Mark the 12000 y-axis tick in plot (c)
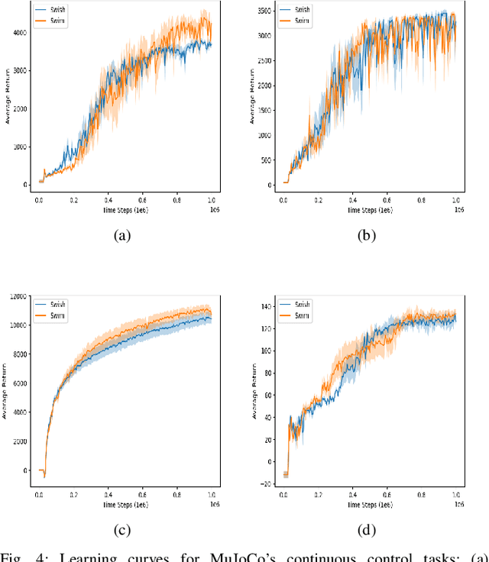17,296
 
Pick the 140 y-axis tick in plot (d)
265,307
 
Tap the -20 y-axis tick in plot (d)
264,484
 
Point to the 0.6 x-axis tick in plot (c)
142,496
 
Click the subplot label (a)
121,236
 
